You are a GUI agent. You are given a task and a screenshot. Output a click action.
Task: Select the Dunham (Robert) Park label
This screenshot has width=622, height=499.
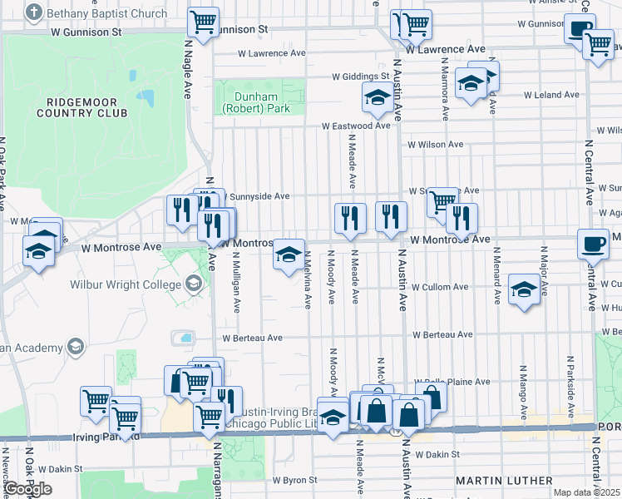click(260, 102)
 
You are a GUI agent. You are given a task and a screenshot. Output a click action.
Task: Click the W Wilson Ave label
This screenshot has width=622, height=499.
click(434, 145)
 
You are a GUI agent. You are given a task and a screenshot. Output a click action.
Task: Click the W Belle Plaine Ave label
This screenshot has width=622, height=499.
click(460, 382)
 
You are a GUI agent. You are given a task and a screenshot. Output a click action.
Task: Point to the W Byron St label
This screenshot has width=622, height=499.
click(295, 480)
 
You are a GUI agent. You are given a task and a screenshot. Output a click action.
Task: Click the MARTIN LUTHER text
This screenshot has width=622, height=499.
click(504, 481)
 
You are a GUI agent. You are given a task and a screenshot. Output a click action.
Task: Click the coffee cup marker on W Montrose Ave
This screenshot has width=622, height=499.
click(593, 244)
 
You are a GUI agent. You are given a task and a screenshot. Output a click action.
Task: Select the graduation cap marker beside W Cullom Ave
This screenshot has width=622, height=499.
click(523, 290)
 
